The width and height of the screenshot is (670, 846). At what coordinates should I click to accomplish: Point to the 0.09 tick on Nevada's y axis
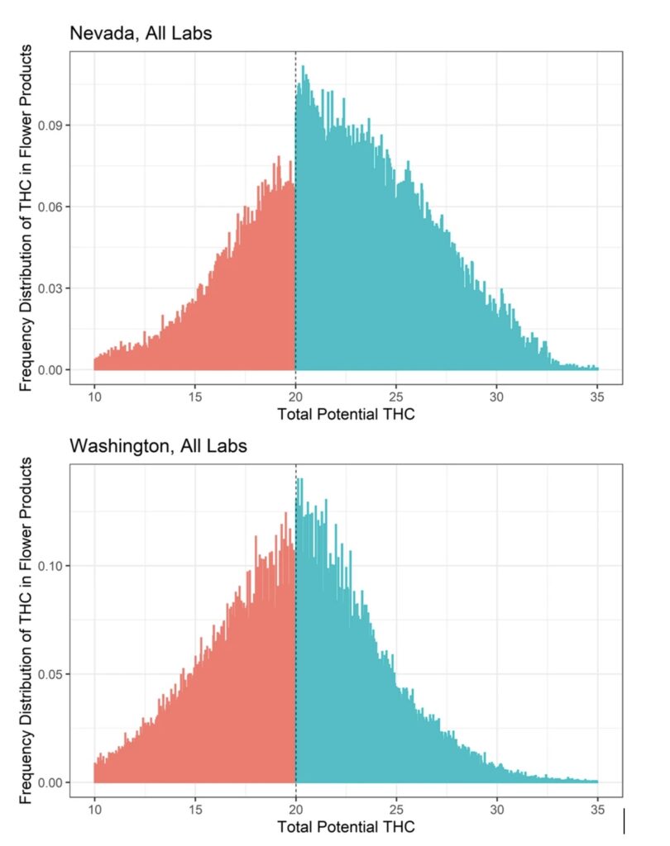(52, 126)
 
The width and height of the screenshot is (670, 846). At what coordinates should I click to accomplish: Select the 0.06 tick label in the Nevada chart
(52, 207)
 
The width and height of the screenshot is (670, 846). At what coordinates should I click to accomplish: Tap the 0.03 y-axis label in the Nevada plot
(52, 288)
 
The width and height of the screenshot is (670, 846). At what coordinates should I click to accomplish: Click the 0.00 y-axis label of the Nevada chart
(52, 370)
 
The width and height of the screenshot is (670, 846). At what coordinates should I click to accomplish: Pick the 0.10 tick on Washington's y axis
(52, 566)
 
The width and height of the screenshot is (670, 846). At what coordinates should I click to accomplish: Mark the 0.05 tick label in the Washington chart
(52, 674)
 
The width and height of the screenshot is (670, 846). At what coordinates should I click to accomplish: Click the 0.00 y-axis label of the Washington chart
(52, 782)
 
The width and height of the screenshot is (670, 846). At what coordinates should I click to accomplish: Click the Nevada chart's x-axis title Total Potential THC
(346, 414)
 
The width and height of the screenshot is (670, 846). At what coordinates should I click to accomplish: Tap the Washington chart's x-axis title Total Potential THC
(346, 826)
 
